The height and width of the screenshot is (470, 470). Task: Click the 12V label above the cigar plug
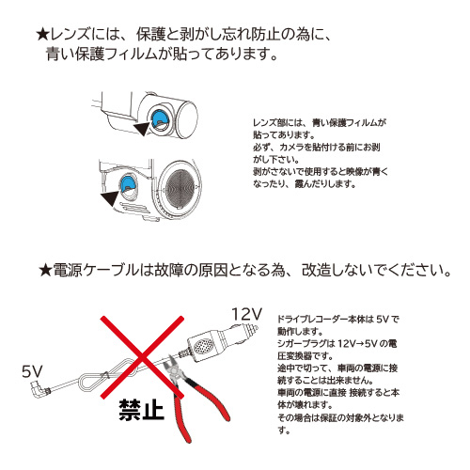pyautogui.click(x=246, y=314)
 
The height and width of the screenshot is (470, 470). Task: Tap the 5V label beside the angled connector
pyautogui.click(x=32, y=371)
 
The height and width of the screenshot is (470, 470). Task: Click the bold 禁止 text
pyautogui.click(x=141, y=409)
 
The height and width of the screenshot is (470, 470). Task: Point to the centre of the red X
pyautogui.click(x=142, y=357)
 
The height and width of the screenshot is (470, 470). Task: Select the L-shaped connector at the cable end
pyautogui.click(x=39, y=389)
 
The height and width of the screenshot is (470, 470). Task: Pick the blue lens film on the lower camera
pyautogui.click(x=130, y=182)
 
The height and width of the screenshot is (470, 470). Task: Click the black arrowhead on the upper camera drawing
pyautogui.click(x=142, y=128)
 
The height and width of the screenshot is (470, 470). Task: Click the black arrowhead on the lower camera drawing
pyautogui.click(x=110, y=198)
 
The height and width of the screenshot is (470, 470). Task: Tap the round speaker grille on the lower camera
pyautogui.click(x=180, y=187)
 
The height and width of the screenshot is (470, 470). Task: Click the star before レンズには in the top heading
pyautogui.click(x=42, y=35)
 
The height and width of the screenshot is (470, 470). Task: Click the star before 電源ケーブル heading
pyautogui.click(x=45, y=270)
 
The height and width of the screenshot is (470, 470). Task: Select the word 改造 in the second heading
pyautogui.click(x=316, y=270)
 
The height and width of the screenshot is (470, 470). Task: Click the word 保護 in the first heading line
pyautogui.click(x=150, y=35)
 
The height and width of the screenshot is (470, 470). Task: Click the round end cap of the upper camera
pyautogui.click(x=187, y=117)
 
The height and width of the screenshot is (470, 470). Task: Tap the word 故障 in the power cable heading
pyautogui.click(x=169, y=270)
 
